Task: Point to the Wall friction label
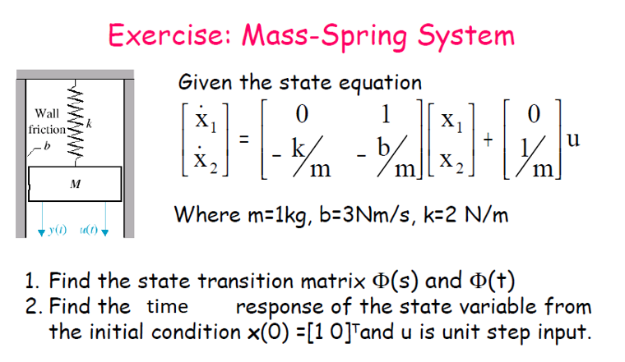click(47, 121)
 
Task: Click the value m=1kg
click(280, 216)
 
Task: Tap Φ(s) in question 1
click(396, 282)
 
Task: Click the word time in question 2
click(167, 307)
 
